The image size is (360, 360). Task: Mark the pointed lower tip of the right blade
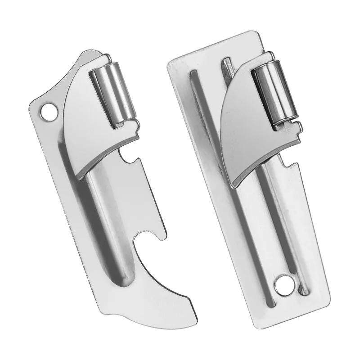[x=234, y=185]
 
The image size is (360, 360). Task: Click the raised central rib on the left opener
[x=97, y=225]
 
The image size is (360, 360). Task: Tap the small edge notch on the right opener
[x=288, y=159]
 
